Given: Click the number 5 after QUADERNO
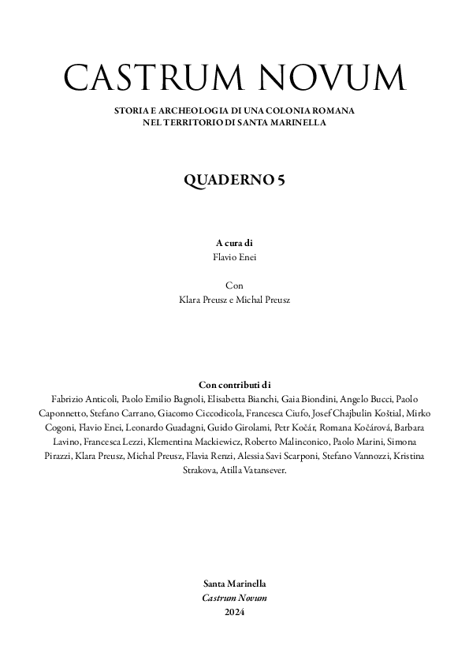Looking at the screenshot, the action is (x=281, y=180).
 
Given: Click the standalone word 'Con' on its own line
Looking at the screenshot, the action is (x=234, y=285).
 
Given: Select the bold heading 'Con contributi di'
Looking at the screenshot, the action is (x=234, y=384).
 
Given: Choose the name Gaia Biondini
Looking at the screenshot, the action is (x=308, y=398).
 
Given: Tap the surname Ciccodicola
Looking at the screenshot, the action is (x=221, y=412).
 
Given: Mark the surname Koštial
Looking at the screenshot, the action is (x=383, y=412).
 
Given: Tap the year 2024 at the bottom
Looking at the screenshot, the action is (x=234, y=612).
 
